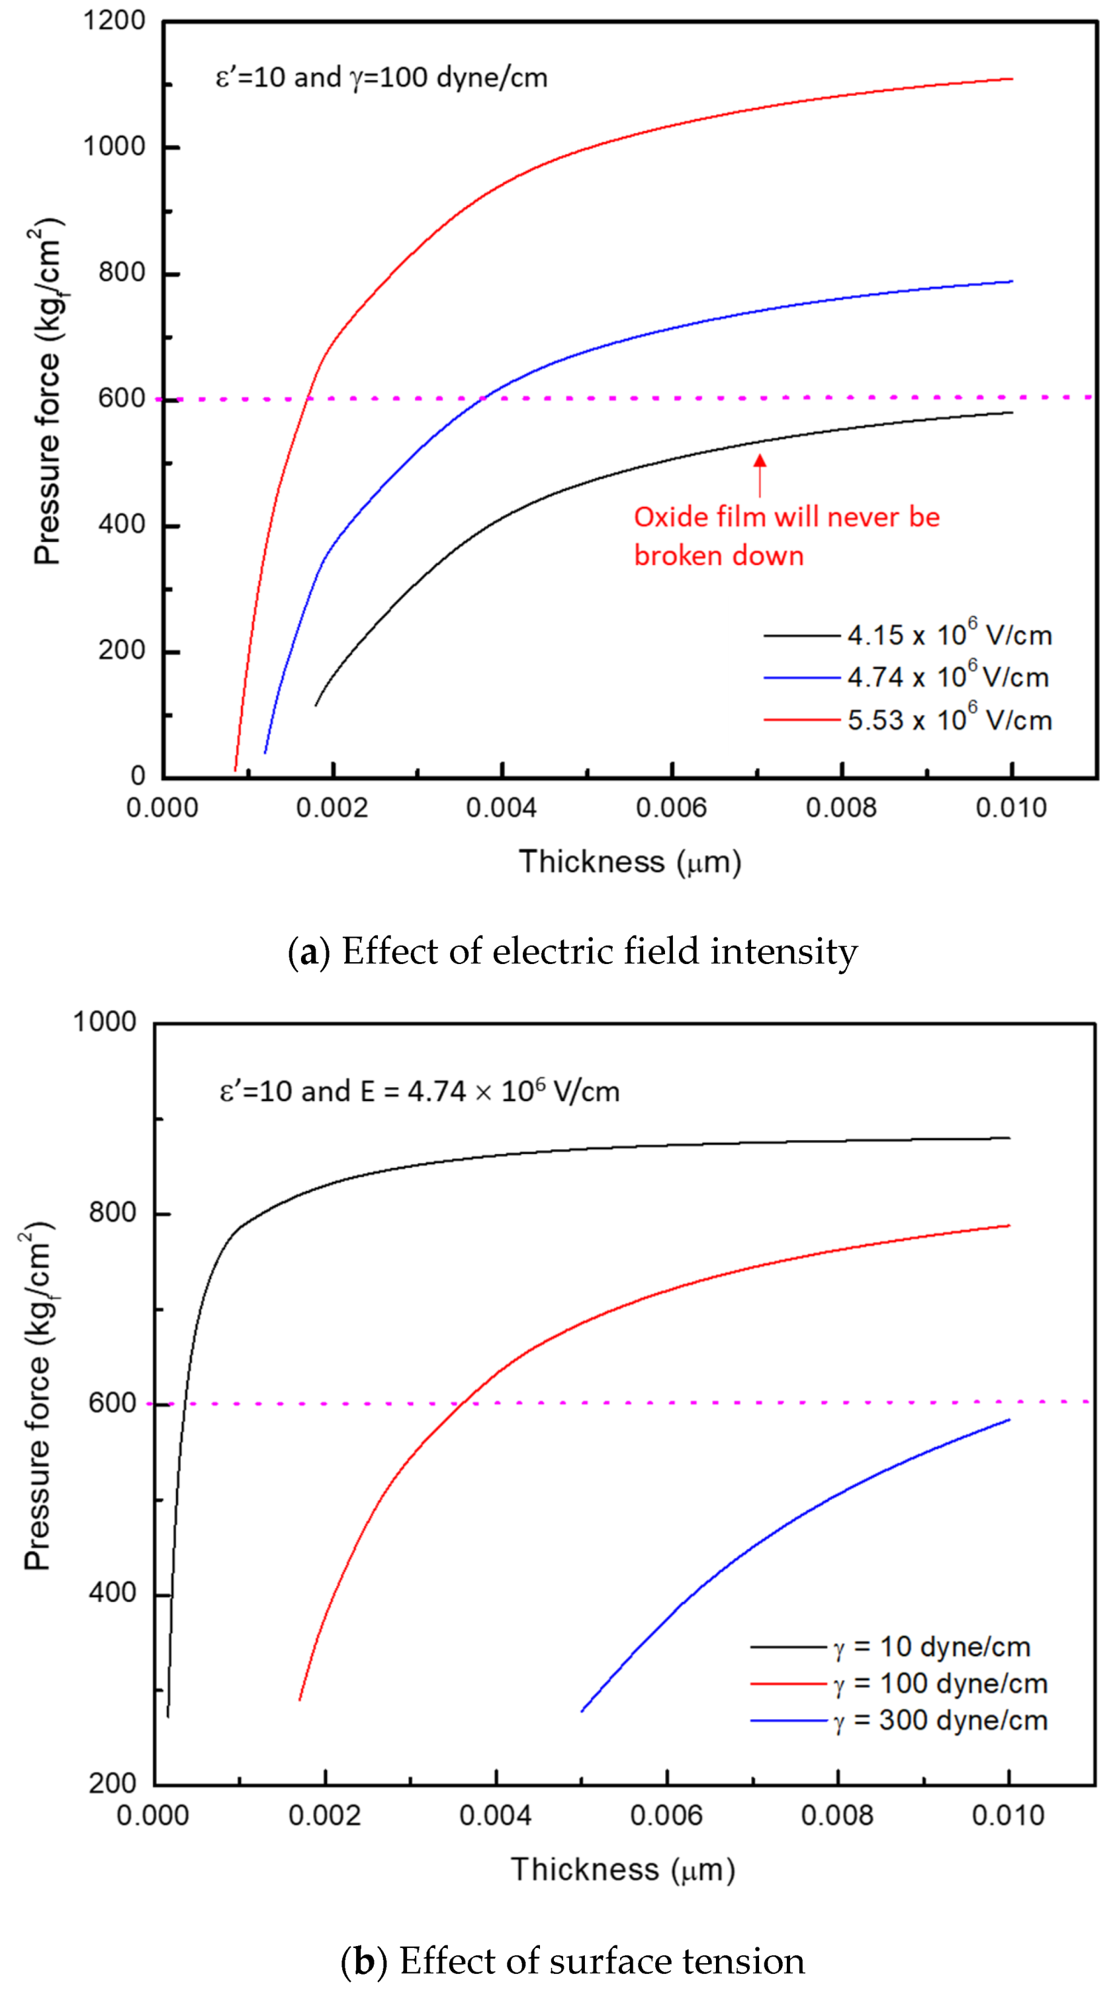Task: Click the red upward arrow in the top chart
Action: coord(760,474)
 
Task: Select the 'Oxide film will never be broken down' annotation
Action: coord(786,535)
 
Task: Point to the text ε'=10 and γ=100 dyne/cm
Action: coord(381,77)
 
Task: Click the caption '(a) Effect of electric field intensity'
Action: coord(572,951)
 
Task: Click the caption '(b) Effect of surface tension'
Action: coord(572,1961)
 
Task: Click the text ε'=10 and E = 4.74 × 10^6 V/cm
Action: coord(420,1090)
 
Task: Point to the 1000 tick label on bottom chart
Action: coord(105,1022)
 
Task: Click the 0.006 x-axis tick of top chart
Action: coord(671,808)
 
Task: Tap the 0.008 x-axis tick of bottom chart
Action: coord(837,1815)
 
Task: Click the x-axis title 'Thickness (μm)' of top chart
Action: coord(630,861)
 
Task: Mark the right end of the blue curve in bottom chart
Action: coord(1008,1420)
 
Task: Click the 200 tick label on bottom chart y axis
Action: coord(112,1783)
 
